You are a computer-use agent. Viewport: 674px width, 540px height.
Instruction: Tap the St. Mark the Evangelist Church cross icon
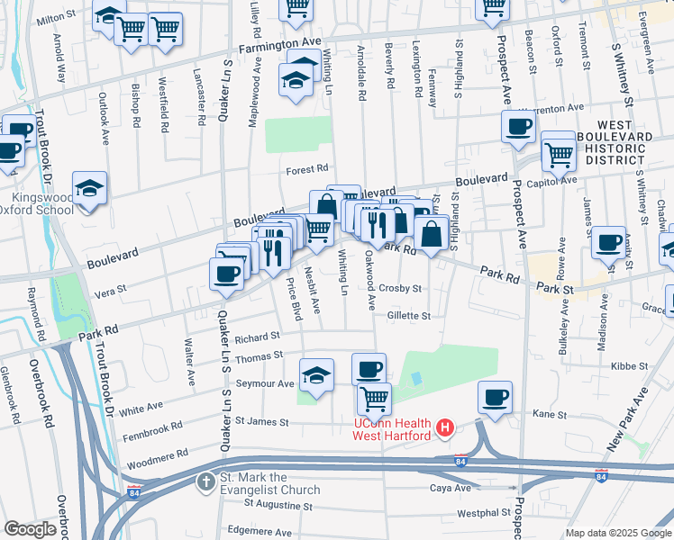click(205, 482)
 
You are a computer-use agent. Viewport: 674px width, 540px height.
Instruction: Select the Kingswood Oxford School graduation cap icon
click(89, 189)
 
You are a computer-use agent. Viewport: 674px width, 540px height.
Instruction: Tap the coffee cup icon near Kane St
click(494, 397)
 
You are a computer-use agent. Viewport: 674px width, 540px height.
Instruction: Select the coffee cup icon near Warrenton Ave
click(518, 127)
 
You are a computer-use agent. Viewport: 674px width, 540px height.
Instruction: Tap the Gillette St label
click(409, 316)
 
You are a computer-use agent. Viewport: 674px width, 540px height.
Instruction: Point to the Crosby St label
click(400, 289)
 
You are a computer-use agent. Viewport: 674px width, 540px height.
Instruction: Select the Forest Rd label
click(307, 168)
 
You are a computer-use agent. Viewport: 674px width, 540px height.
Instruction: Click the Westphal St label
click(478, 513)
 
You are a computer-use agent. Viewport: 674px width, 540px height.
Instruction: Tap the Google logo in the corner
click(30, 529)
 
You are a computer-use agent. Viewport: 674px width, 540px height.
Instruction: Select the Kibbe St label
click(630, 366)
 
